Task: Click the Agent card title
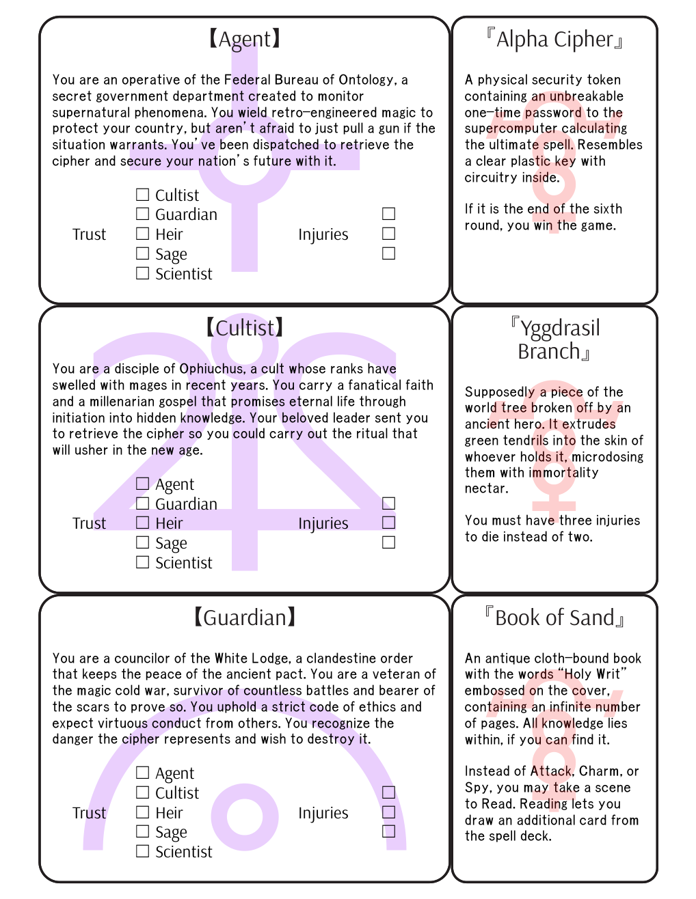coord(244,40)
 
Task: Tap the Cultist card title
coord(244,329)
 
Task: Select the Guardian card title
coord(244,618)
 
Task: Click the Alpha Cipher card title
coord(554,40)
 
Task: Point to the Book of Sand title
coord(554,618)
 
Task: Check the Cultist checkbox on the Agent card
coord(142,195)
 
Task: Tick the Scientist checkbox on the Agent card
coord(142,273)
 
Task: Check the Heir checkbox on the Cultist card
coord(142,523)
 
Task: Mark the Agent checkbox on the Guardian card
coord(142,773)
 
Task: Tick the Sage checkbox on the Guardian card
coord(142,831)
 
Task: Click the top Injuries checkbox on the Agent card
coord(388,214)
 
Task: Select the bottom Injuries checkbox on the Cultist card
coord(388,542)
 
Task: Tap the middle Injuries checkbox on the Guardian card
coord(388,812)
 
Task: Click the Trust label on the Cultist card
coord(90,523)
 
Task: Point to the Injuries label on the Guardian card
coord(323,813)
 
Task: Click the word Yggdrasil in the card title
coord(560,329)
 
